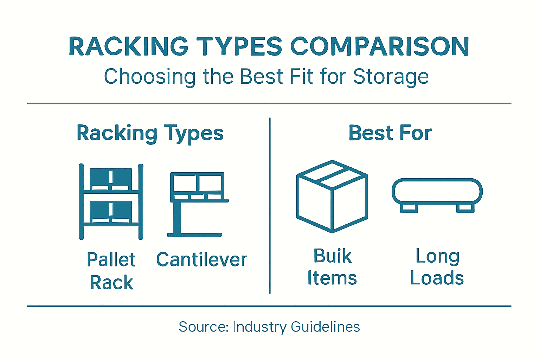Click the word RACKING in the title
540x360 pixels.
click(x=129, y=46)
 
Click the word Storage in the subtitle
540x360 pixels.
click(x=391, y=77)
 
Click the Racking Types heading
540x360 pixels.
click(x=150, y=134)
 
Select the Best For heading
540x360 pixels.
click(x=390, y=133)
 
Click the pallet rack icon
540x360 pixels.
click(x=111, y=201)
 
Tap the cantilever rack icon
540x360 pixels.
click(x=197, y=204)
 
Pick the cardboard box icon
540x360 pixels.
click(x=332, y=196)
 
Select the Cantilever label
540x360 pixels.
click(x=201, y=260)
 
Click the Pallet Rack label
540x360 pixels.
click(x=111, y=271)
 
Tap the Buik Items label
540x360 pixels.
click(x=332, y=267)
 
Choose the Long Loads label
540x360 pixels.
click(x=437, y=267)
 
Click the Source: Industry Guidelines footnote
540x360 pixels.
click(x=269, y=327)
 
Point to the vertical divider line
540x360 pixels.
click(x=270, y=206)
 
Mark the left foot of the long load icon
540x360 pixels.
click(x=409, y=208)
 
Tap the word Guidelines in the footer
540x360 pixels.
click(x=325, y=327)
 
